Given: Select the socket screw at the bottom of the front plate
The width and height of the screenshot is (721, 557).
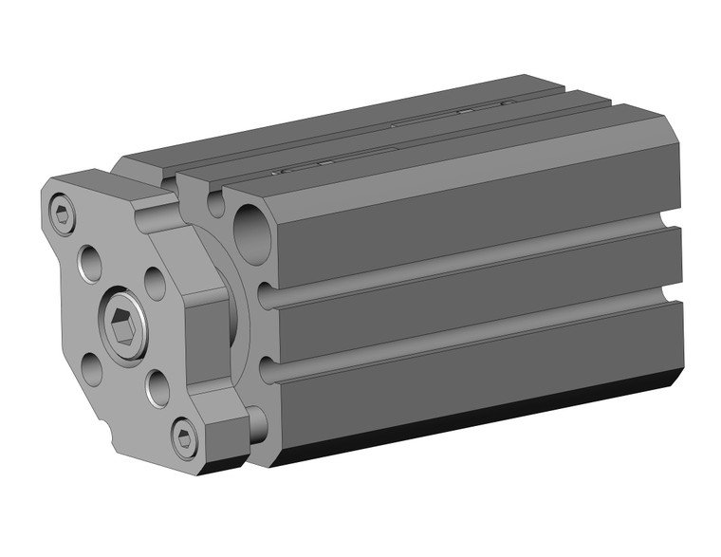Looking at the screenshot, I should (184, 437).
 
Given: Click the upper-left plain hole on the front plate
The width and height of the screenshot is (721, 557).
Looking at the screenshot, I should (91, 262).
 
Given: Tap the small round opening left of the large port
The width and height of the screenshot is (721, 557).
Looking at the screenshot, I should (216, 203).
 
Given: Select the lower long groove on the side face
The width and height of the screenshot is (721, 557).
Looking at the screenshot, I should (474, 335).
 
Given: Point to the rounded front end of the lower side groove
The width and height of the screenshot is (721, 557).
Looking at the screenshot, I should (270, 368).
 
